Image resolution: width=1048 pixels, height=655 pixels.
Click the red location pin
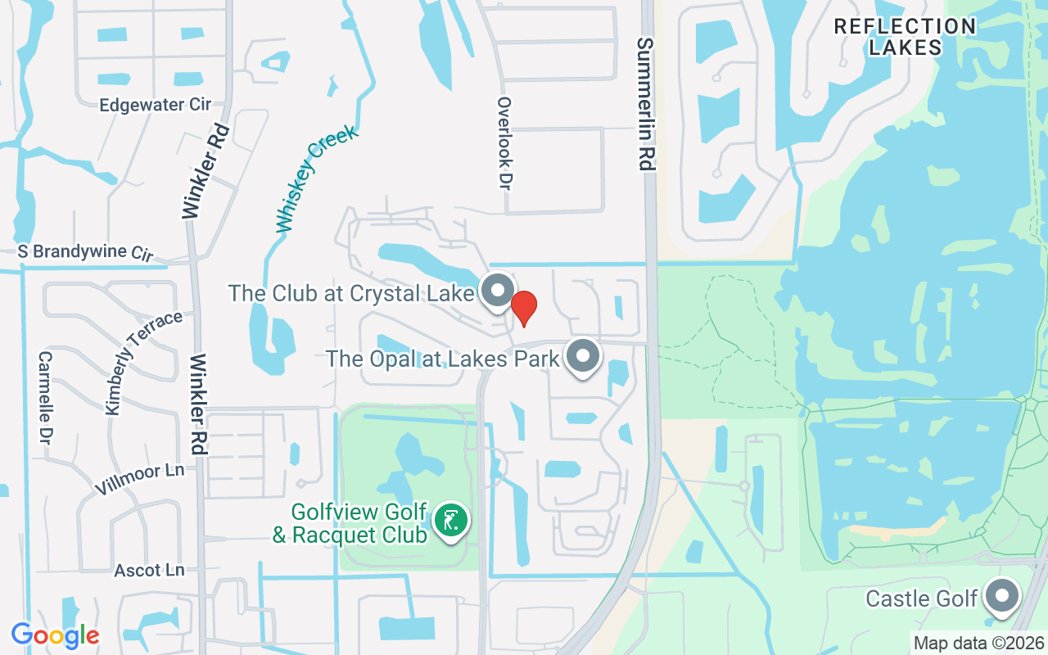[524, 308]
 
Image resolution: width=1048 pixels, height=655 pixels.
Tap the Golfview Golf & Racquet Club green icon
[450, 520]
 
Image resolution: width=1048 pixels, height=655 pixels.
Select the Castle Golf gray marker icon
[1001, 596]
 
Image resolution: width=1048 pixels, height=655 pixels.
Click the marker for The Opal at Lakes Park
[583, 356]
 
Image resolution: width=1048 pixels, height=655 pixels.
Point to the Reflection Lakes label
[905, 37]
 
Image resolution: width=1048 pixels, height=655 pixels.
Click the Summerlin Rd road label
[646, 104]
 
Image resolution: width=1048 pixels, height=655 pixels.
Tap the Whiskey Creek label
[317, 178]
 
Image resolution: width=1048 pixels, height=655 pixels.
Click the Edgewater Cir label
[155, 104]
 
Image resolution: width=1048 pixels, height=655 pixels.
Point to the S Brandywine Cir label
[85, 251]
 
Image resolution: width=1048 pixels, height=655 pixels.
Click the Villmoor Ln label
[139, 478]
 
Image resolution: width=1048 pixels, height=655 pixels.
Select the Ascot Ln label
[149, 570]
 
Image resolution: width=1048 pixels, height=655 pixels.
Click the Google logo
[55, 635]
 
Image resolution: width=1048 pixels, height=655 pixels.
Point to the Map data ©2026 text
[978, 643]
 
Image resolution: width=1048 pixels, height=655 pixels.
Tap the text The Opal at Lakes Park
[442, 358]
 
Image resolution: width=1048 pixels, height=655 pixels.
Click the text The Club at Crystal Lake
[351, 292]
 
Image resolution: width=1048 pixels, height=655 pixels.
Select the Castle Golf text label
[922, 599]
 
